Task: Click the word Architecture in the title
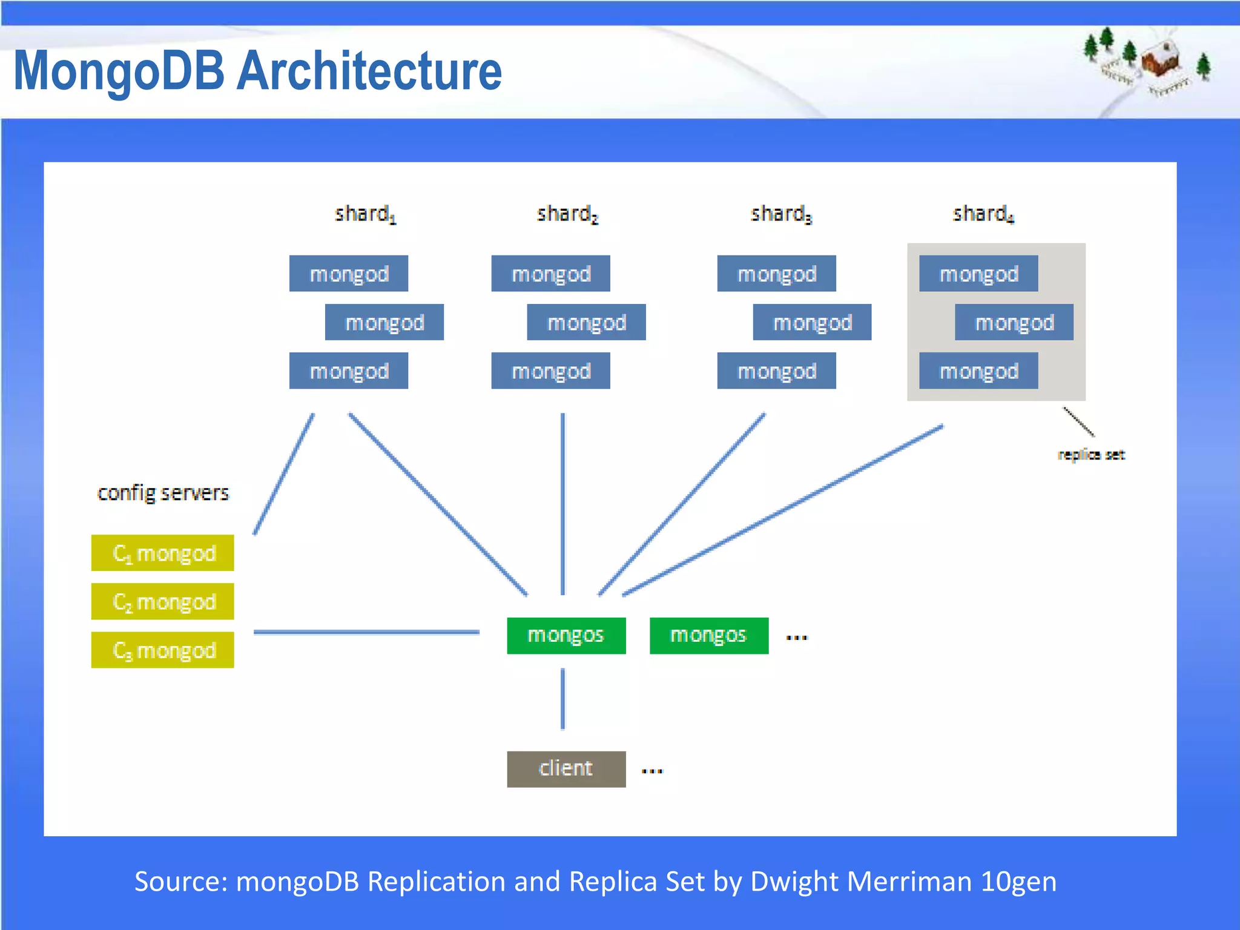click(x=369, y=71)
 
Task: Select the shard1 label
click(x=365, y=214)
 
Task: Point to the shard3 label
click(x=780, y=214)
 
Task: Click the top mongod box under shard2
click(x=550, y=274)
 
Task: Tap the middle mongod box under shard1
click(x=384, y=322)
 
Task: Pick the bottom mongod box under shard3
click(x=776, y=371)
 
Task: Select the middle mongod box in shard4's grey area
click(x=1014, y=322)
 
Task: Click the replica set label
click(x=1090, y=455)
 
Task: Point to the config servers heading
click(x=163, y=493)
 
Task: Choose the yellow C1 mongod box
click(x=162, y=553)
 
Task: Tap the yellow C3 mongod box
click(x=162, y=650)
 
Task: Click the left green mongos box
click(x=566, y=635)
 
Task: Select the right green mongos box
click(x=708, y=635)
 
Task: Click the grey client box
click(x=566, y=769)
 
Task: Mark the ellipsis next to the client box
click(x=652, y=771)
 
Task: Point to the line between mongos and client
click(x=562, y=699)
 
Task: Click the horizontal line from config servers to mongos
click(x=366, y=632)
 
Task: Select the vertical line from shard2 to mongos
click(x=562, y=503)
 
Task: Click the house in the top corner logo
click(x=1161, y=59)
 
